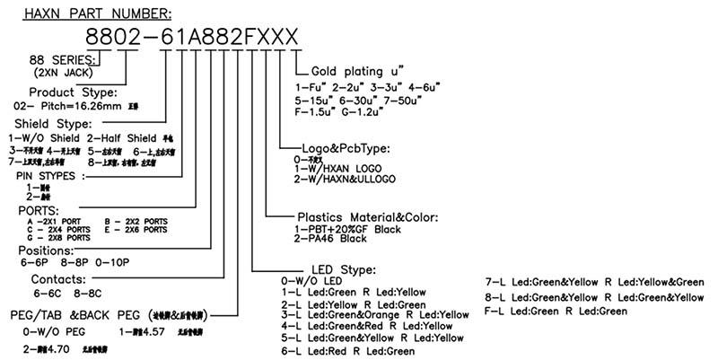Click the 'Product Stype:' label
[x=74, y=92]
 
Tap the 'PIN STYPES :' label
[x=49, y=177]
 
